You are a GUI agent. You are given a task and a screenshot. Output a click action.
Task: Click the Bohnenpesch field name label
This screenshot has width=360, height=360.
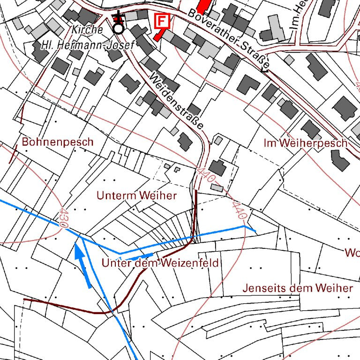pos(58,142)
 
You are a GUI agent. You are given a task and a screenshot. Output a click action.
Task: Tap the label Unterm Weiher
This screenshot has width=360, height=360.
pos(136,195)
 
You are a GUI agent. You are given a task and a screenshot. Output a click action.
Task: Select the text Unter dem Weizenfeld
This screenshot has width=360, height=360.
pos(160,263)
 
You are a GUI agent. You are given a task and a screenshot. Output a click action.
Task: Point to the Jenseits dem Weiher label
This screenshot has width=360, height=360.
pos(297,288)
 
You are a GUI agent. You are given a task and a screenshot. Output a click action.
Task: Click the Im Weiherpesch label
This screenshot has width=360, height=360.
pos(305,143)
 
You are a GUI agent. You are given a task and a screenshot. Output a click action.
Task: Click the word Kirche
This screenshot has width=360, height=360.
pos(87,30)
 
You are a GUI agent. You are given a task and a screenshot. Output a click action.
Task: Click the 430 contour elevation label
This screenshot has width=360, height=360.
pos(63,218)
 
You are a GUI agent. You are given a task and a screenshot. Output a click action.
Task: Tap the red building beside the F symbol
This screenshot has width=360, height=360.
pos(159,34)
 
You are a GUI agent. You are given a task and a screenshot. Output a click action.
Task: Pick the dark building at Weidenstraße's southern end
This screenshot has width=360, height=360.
pos(217,167)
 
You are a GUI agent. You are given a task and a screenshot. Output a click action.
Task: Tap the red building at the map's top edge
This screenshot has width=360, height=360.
pos(202,6)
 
